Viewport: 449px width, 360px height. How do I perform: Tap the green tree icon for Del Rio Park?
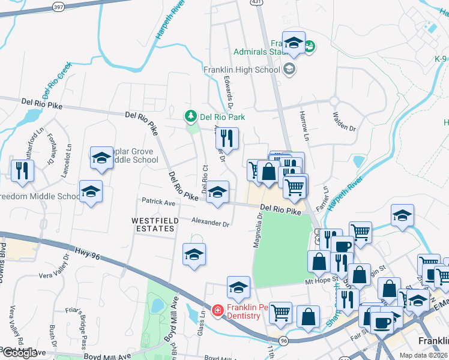pyautogui.click(x=190, y=115)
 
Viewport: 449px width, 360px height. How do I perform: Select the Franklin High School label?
pyautogui.click(x=242, y=70)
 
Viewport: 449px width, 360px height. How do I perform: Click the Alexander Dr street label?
pyautogui.click(x=211, y=223)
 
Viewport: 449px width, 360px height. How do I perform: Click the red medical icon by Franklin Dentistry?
pyautogui.click(x=217, y=311)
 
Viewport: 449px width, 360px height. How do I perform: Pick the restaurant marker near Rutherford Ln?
pyautogui.click(x=22, y=170)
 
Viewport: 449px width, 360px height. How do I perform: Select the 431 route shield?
pyautogui.click(x=256, y=3)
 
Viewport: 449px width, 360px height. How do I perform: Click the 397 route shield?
pyautogui.click(x=58, y=6)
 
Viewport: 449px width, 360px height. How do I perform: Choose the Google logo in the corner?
pyautogui.click(x=19, y=353)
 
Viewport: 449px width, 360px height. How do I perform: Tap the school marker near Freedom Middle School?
pyautogui.click(x=91, y=192)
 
